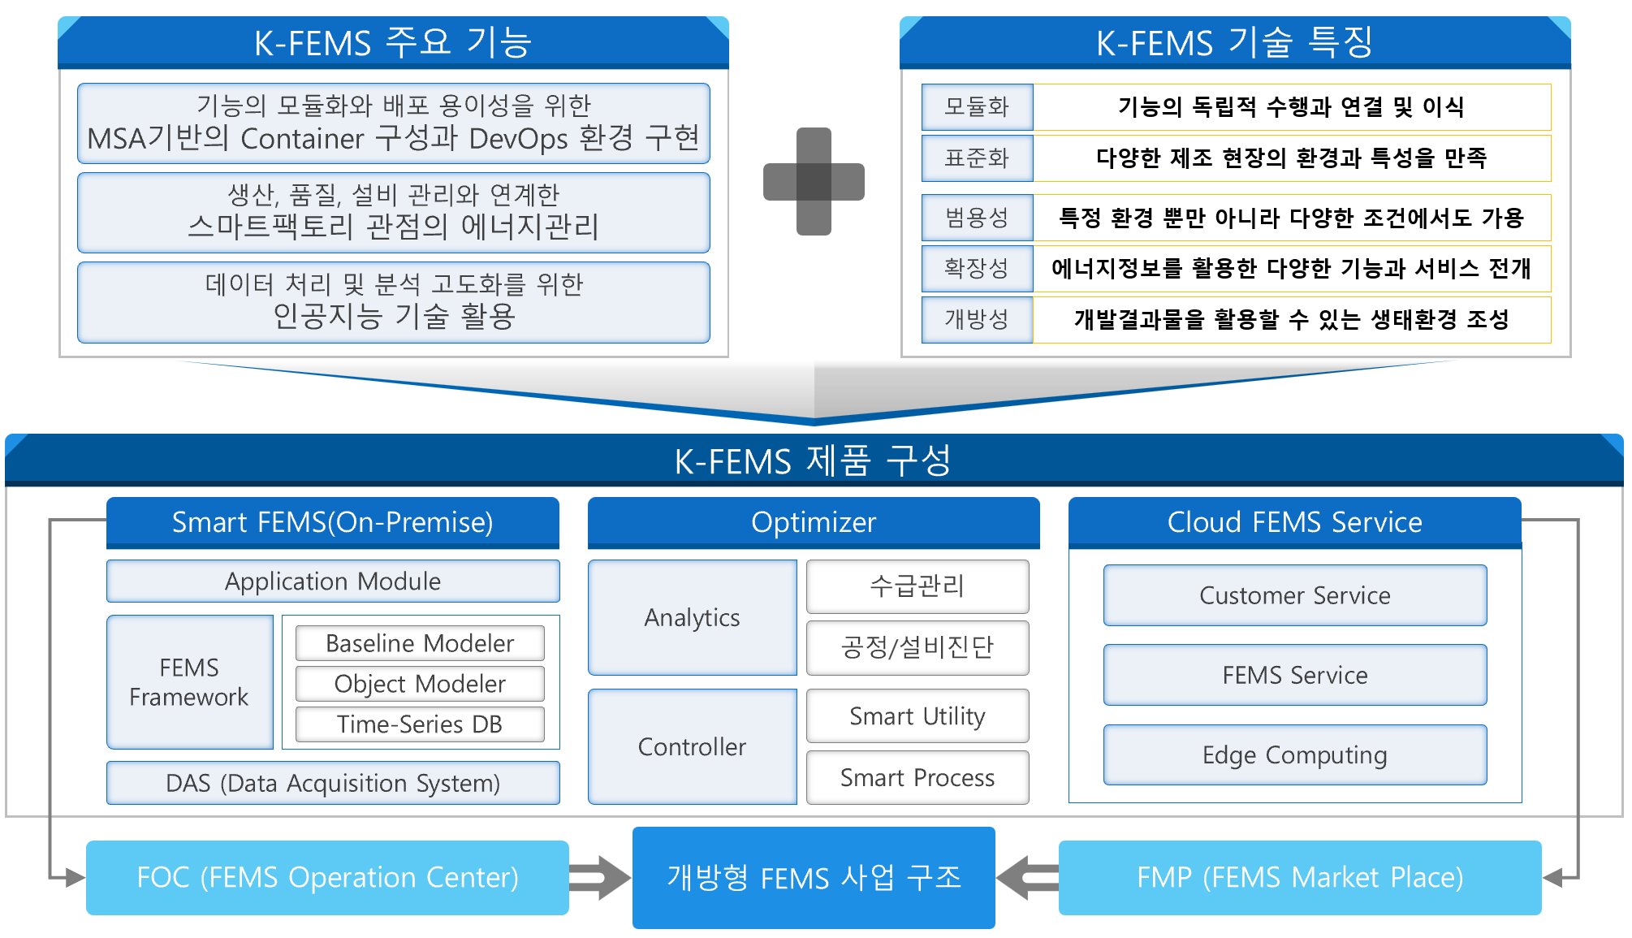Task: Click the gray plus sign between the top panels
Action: [x=814, y=181]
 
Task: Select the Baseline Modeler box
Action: [x=420, y=643]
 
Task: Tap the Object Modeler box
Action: [x=420, y=684]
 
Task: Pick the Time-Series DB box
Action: [x=420, y=724]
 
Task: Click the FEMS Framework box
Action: [x=189, y=682]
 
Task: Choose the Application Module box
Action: [x=333, y=581]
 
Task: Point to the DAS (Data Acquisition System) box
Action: [x=333, y=783]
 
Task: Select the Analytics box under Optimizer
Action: [x=692, y=618]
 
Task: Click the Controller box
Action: [x=692, y=746]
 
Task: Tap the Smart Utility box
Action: [x=917, y=716]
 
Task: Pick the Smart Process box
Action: [x=917, y=778]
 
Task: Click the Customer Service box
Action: [x=1295, y=595]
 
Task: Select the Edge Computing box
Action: [x=1295, y=755]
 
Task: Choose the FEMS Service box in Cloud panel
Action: [x=1295, y=675]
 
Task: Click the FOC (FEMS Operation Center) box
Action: [x=327, y=878]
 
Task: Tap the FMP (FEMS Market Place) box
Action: [x=1300, y=878]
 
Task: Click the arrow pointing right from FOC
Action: [x=600, y=878]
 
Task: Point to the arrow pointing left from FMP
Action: [x=1027, y=878]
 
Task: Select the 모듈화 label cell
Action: [x=977, y=107]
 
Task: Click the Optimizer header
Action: [x=814, y=522]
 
